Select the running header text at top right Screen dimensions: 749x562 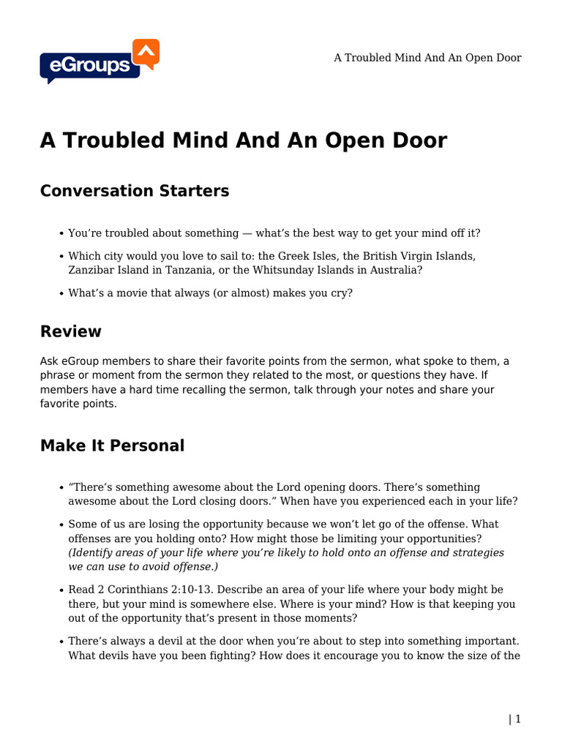pyautogui.click(x=427, y=58)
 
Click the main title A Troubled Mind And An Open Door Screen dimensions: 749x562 pyautogui.click(x=243, y=140)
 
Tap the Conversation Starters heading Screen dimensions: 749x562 pyautogui.click(x=135, y=191)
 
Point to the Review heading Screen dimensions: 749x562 pyautogui.click(x=71, y=331)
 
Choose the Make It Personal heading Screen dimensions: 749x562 pyautogui.click(x=112, y=445)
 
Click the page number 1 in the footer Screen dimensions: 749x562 pyautogui.click(x=518, y=719)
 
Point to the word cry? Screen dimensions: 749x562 pyautogui.click(x=340, y=293)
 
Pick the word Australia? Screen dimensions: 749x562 pyautogui.click(x=399, y=270)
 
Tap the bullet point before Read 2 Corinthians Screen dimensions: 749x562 pyautogui.click(x=60, y=590)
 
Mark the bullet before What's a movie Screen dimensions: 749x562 pyautogui.click(x=60, y=294)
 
